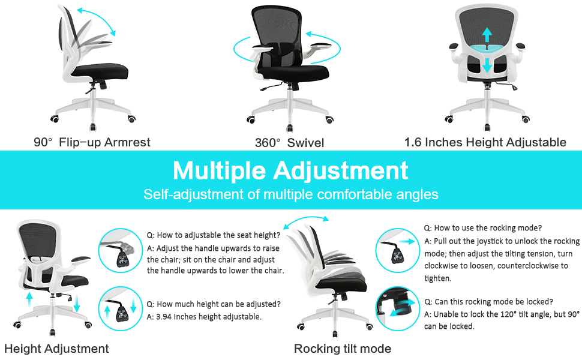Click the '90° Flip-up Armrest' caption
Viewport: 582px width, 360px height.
[x=92, y=142]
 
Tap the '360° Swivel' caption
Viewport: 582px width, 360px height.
[x=289, y=143]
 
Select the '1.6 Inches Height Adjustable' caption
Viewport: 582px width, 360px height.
[x=485, y=142]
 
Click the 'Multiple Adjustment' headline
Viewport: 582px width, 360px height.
[x=290, y=170]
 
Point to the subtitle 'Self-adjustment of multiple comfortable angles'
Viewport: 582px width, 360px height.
[x=290, y=194]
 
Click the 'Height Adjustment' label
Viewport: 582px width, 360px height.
[x=56, y=349]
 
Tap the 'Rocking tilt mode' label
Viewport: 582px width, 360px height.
[x=343, y=349]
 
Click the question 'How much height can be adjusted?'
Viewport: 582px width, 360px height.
[x=214, y=304]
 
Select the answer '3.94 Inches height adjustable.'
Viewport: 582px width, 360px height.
[x=204, y=316]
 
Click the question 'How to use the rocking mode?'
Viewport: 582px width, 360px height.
[x=483, y=228]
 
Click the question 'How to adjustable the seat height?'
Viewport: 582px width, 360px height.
[x=214, y=235]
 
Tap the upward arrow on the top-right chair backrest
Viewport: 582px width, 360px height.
[x=487, y=34]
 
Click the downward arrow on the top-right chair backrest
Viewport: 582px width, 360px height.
[x=487, y=64]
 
